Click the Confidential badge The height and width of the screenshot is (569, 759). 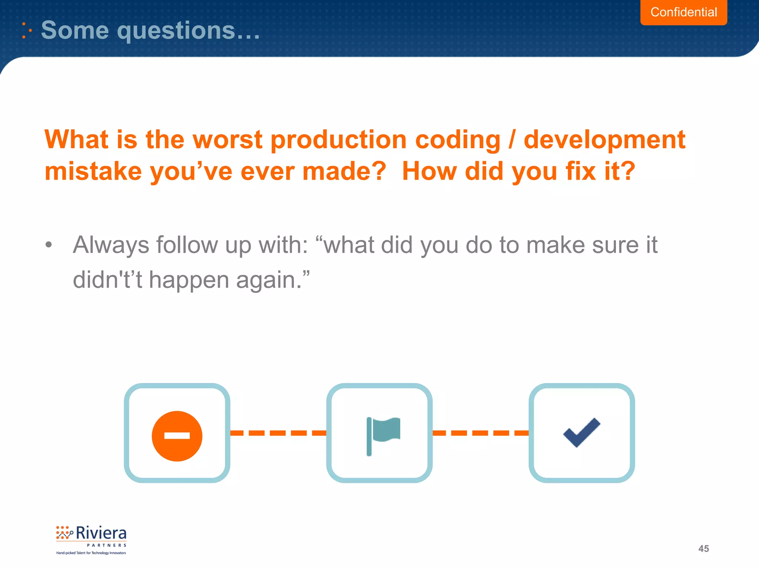683,12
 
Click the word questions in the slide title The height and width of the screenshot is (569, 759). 176,30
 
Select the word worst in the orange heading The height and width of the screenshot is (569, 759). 228,140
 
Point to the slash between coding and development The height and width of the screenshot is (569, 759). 512,140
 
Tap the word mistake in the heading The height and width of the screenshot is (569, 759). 93,172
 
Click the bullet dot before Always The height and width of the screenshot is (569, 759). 49,245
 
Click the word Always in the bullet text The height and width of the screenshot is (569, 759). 110,245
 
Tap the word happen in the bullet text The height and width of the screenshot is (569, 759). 189,280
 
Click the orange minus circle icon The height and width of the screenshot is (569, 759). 177,436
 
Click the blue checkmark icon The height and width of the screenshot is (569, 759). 581,432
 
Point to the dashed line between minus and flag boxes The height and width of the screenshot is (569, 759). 278,433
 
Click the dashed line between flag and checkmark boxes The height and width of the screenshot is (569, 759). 480,433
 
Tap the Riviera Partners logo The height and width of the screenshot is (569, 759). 91,539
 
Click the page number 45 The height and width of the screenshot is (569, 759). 703,549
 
